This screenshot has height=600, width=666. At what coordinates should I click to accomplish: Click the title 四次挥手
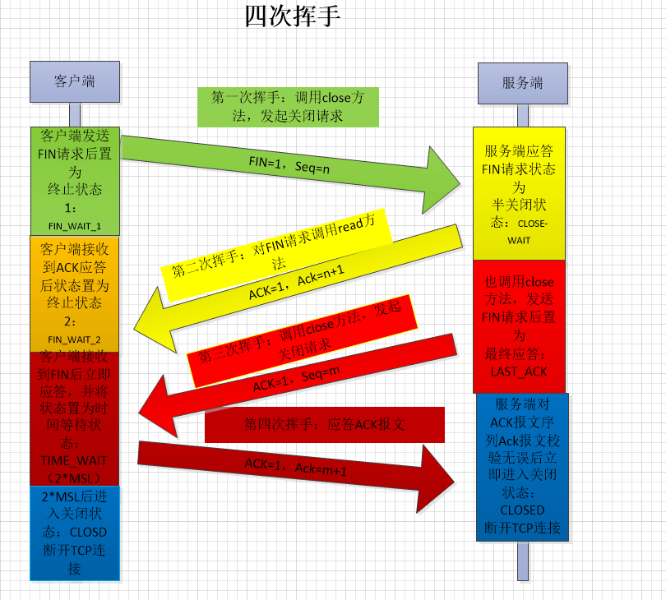click(x=292, y=16)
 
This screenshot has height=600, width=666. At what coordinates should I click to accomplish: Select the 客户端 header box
click(x=75, y=81)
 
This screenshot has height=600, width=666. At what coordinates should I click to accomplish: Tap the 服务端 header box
click(x=522, y=83)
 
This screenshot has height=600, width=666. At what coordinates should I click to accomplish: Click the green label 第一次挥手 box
click(x=288, y=107)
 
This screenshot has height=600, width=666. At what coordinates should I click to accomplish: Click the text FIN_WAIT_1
click(x=75, y=225)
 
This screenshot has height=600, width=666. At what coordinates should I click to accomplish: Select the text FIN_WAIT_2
click(x=75, y=339)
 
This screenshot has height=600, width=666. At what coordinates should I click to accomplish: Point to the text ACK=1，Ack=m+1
click(x=296, y=467)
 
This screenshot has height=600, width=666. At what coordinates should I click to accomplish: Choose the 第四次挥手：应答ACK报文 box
click(x=325, y=425)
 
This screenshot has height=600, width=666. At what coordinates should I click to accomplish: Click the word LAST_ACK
click(x=519, y=372)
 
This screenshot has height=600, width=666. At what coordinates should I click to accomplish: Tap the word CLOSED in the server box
click(x=522, y=510)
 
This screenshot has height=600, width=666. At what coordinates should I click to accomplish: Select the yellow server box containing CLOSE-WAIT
click(x=519, y=193)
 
